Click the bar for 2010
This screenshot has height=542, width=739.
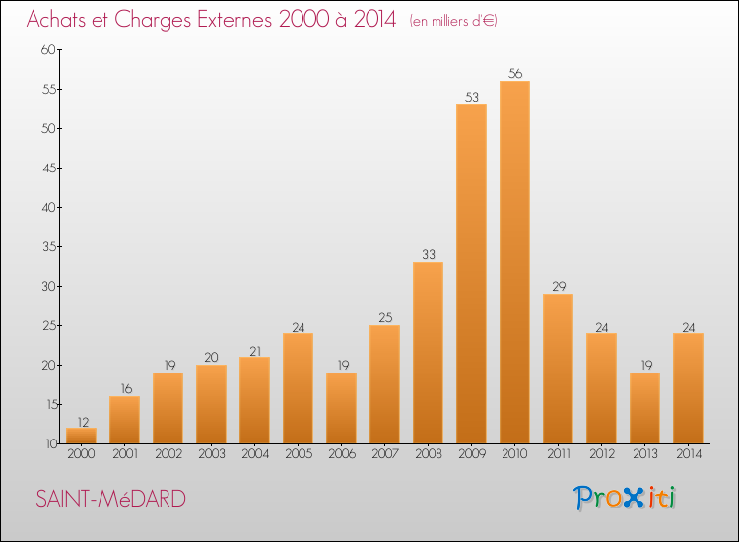(514, 262)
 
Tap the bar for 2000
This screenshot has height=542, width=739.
(81, 436)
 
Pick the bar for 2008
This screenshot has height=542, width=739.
(428, 353)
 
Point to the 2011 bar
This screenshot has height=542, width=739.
(558, 369)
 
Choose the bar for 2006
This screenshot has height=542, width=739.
(341, 408)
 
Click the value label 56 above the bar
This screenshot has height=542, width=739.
(514, 73)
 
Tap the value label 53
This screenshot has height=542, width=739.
(471, 97)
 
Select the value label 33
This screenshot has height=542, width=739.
(428, 254)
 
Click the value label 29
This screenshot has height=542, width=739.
(558, 286)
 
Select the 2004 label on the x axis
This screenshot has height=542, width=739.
(254, 454)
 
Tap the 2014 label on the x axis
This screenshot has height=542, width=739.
(688, 454)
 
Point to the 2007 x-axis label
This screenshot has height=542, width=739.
(384, 454)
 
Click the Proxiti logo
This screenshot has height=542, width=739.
(625, 498)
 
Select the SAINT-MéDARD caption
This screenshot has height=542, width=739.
(110, 499)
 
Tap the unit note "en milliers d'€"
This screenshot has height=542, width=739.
(452, 21)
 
